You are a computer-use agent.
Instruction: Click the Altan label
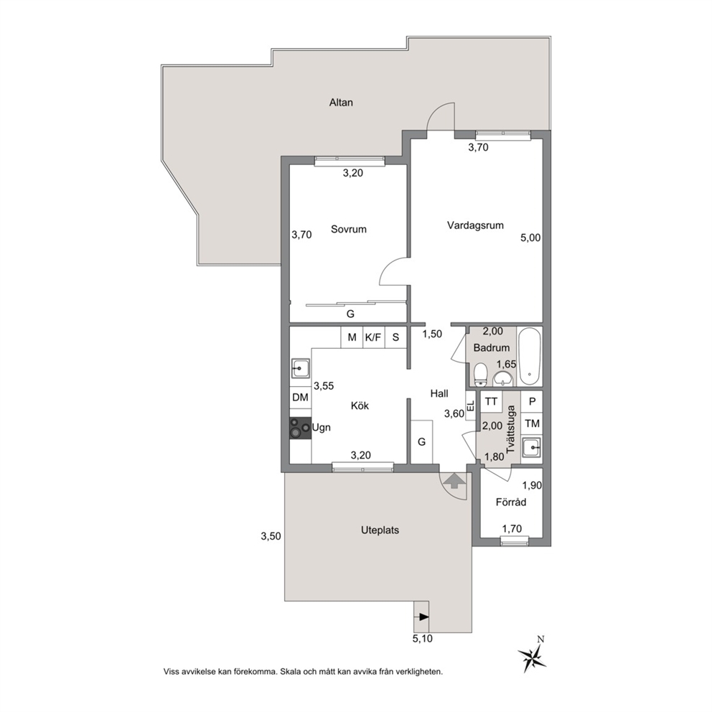pyautogui.click(x=341, y=103)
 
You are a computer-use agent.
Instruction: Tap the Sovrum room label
pyautogui.click(x=349, y=229)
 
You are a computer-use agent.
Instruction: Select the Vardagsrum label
pyautogui.click(x=475, y=225)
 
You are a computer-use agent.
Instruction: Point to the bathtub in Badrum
pyautogui.click(x=530, y=357)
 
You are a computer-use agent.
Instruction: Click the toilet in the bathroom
pyautogui.click(x=480, y=375)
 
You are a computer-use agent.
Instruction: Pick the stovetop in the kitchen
pyautogui.click(x=301, y=428)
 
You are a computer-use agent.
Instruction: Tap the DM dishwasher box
pyautogui.click(x=300, y=398)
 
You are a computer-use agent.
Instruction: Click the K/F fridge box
pyautogui.click(x=373, y=337)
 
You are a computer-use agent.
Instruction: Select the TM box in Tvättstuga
pyautogui.click(x=532, y=423)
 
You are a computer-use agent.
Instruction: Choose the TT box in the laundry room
pyautogui.click(x=491, y=401)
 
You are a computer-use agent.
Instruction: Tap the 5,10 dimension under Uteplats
pyautogui.click(x=422, y=639)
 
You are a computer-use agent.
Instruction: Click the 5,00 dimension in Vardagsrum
pyautogui.click(x=530, y=238)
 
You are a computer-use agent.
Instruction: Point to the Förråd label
pyautogui.click(x=511, y=502)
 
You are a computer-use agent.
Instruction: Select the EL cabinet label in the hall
pyautogui.click(x=471, y=406)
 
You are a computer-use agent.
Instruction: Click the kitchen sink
pyautogui.click(x=301, y=368)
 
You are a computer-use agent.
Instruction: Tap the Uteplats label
pyautogui.click(x=380, y=530)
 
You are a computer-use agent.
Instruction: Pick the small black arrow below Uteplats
pyautogui.click(x=423, y=617)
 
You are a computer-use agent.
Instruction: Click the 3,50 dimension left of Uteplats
pyautogui.click(x=271, y=536)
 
